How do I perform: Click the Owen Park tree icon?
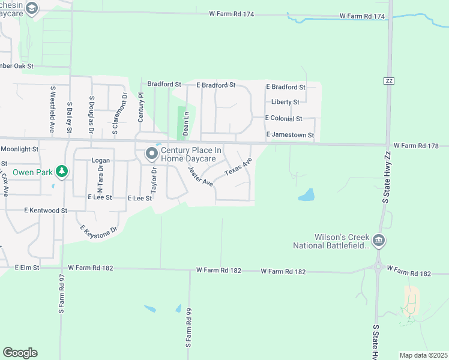point(61,172)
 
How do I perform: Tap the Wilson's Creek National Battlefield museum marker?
point(378,241)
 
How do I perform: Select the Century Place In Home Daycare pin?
point(152,154)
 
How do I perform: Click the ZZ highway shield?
point(388,80)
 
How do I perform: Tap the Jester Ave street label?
point(200,176)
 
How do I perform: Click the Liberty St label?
point(285,103)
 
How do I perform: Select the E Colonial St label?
point(284,119)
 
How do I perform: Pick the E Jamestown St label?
point(290,136)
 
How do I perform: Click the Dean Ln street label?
point(186,122)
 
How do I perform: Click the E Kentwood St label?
point(46,211)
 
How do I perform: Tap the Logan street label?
point(100,161)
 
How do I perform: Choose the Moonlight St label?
point(19,149)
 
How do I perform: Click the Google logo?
point(20,353)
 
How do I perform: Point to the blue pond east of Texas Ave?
point(306,195)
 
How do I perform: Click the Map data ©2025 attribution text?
point(423,355)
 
